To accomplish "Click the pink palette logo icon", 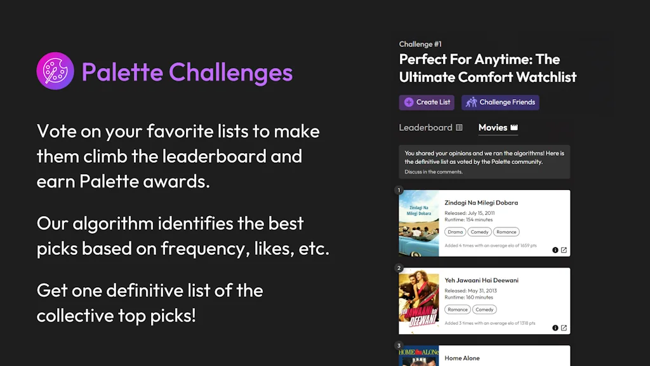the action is pos(55,71).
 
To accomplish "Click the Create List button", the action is pos(427,102).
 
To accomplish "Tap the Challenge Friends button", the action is pos(500,102).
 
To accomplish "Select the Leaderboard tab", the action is pos(431,127).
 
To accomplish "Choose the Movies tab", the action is pos(498,127).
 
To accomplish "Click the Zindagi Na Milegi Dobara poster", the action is pos(419,223).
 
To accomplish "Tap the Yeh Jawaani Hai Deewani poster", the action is pos(419,301).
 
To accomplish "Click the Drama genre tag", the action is pos(455,232).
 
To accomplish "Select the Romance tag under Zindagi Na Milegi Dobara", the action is pos(506,232).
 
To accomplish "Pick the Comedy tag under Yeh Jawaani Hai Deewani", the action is pos(484,309).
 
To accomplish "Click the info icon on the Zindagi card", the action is pos(555,250).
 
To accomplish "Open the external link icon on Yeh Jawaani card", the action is pos(564,328).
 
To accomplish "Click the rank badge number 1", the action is pos(399,190).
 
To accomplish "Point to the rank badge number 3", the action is pos(399,346).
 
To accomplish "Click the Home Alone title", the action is pos(462,358).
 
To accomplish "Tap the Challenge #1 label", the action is pos(420,44).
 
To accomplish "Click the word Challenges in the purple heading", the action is pos(230,72).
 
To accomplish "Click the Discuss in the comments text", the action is pos(433,172).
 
